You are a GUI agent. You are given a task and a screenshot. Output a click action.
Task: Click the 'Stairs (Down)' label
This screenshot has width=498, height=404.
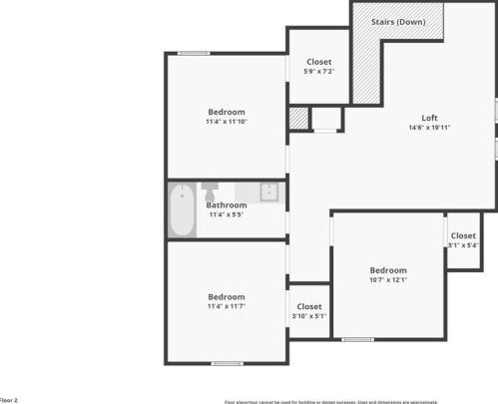pos(398,22)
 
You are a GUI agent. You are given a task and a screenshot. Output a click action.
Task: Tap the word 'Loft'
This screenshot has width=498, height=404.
pos(429,118)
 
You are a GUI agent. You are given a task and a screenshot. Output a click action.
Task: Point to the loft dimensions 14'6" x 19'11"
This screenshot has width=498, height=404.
pos(429,128)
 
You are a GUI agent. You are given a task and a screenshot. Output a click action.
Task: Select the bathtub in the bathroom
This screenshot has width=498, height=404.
pos(182,209)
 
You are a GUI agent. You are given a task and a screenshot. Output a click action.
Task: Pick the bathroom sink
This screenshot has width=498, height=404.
pos(268,192)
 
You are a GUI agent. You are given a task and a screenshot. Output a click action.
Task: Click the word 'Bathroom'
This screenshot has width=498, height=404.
pos(227,205)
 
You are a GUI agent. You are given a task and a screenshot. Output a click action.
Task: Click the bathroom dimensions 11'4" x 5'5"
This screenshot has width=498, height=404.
pos(227,214)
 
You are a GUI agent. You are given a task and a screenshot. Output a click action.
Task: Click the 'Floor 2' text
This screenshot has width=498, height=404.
pos(9,399)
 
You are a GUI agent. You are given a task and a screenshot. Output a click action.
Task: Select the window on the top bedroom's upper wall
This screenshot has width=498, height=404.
pos(194,53)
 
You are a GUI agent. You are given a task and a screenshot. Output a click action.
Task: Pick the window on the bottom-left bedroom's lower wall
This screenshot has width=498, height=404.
pos(227,363)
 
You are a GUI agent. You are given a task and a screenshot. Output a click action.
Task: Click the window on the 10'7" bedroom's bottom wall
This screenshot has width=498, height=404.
pos(357,340)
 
